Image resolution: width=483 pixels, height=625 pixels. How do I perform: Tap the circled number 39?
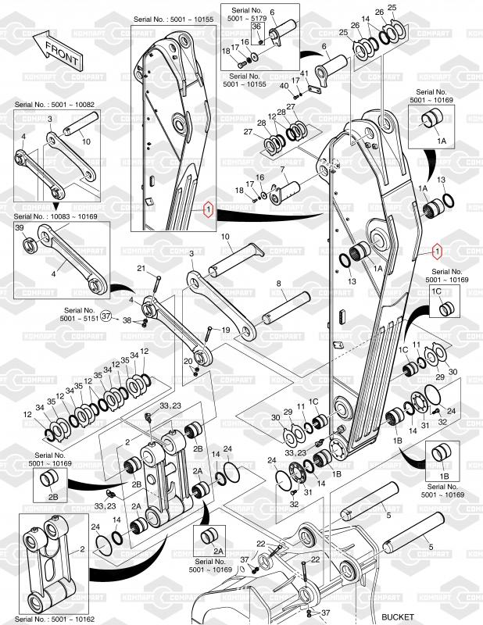(x=20, y=227)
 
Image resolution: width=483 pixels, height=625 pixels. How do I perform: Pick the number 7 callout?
(x=282, y=170)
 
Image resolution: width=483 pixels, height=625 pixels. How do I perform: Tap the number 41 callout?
(x=305, y=73)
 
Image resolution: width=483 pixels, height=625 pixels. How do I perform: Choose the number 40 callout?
(x=284, y=86)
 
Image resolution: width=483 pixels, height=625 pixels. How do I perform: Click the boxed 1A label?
(x=442, y=141)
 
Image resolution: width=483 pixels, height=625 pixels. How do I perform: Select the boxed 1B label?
(x=443, y=476)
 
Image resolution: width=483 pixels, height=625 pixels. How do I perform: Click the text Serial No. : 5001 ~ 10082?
(x=53, y=104)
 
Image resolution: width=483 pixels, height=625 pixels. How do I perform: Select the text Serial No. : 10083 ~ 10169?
(x=53, y=216)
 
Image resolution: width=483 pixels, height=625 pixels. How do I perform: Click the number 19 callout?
(x=225, y=330)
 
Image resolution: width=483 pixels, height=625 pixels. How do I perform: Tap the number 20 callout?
(x=188, y=361)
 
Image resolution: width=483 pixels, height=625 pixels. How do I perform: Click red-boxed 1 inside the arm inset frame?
(x=207, y=209)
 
